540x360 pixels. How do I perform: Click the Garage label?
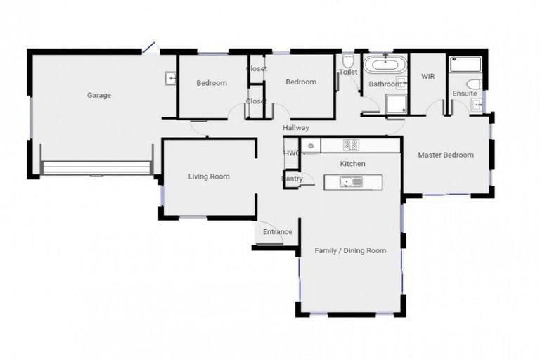coord(99,96)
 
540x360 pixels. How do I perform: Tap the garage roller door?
coord(96,167)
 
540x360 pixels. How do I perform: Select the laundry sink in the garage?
coord(170,78)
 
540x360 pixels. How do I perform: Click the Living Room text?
coord(209,176)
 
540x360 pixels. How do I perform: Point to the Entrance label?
coord(277,232)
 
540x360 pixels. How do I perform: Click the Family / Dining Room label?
coord(350,250)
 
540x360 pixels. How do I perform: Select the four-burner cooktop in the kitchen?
coord(351,145)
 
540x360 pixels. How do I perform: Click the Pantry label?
coord(292,179)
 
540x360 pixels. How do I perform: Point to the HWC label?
coord(290,153)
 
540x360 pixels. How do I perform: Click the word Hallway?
coord(295,128)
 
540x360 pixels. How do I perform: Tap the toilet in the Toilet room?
coord(348,60)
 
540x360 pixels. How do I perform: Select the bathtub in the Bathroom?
coord(386,67)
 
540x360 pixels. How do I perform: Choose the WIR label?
coord(427,76)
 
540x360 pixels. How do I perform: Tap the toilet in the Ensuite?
coord(473,84)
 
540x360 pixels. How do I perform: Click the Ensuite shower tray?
coord(465,65)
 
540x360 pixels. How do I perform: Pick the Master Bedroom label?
coord(446,155)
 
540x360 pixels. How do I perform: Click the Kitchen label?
coord(353,164)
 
